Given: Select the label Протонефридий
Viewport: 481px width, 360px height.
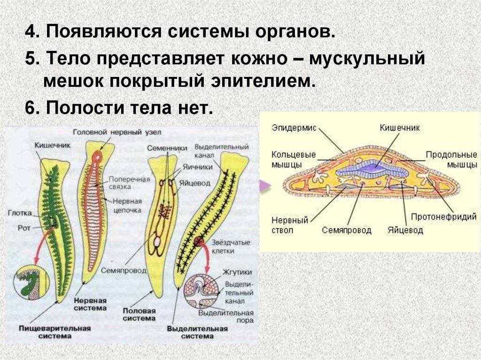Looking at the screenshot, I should click(444, 217).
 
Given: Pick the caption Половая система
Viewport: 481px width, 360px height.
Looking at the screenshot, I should click(139, 314).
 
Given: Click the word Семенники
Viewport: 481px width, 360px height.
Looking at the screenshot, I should click(161, 147).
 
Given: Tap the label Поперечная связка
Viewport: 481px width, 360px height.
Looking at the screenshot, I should click(129, 183).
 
